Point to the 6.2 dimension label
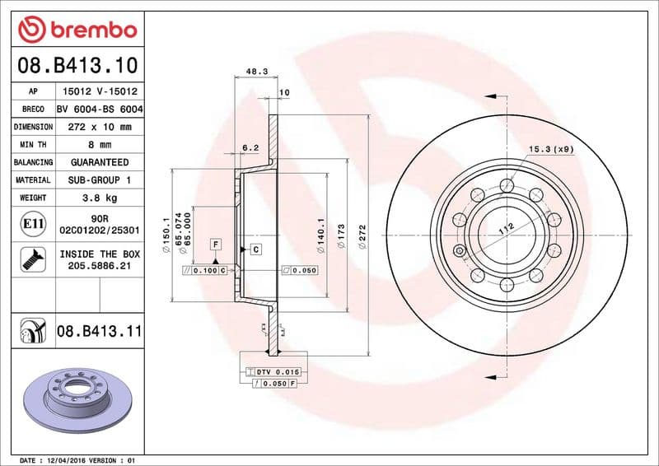point(250,148)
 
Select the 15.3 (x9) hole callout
point(551,149)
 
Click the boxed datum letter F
point(216,244)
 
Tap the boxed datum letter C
point(255,249)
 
